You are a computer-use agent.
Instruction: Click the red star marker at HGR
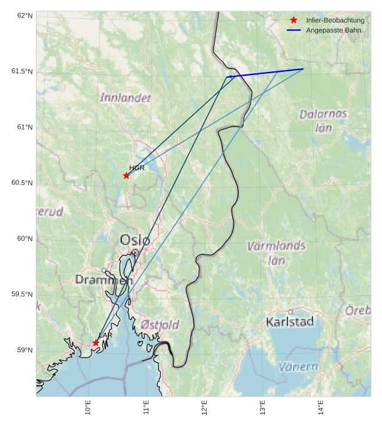point(126,175)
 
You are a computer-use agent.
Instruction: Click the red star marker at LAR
point(96,343)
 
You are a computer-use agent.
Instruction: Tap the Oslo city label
point(135,240)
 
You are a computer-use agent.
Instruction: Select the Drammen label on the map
point(104,280)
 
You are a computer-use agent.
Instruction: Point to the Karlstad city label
point(289,322)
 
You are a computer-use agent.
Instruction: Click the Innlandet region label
point(125,98)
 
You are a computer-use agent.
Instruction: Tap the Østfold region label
point(160,325)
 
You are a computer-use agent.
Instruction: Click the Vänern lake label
point(298,367)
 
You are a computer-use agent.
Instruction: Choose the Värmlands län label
point(276,252)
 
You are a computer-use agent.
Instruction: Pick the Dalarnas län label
point(323,121)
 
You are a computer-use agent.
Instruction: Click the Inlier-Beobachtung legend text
point(335,21)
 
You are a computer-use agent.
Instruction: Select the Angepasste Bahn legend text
point(334,30)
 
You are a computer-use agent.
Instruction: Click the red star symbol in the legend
point(294,21)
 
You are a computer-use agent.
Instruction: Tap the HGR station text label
point(137,168)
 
